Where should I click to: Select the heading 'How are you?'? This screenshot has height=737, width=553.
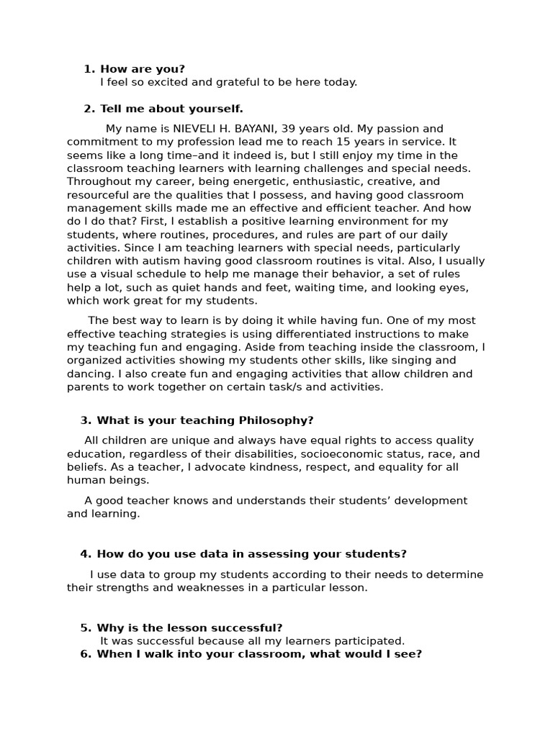[142, 69]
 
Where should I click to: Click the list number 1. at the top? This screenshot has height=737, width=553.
[89, 69]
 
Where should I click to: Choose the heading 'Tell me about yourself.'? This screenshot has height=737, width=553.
[171, 109]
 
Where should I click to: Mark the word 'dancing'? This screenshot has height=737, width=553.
[89, 374]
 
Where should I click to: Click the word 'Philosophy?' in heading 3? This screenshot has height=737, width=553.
[276, 420]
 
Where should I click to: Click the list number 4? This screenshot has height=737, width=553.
[86, 554]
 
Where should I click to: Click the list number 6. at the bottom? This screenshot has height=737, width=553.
[86, 654]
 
